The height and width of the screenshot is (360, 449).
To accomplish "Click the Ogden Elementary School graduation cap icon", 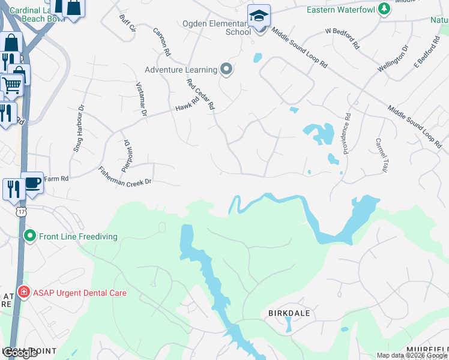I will (259, 16).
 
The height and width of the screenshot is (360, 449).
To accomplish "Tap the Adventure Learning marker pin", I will (226, 70).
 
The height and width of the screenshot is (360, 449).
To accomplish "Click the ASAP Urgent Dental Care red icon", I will (23, 293).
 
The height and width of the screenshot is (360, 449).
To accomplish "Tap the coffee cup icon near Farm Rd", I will (32, 182).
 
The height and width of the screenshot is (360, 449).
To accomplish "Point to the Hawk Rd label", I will (187, 104).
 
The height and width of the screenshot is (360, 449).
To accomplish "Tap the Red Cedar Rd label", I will (200, 94).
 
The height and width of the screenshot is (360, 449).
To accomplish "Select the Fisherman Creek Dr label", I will (124, 176).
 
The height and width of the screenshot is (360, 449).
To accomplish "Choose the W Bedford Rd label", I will (342, 37).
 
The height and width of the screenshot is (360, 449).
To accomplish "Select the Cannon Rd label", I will (162, 43).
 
